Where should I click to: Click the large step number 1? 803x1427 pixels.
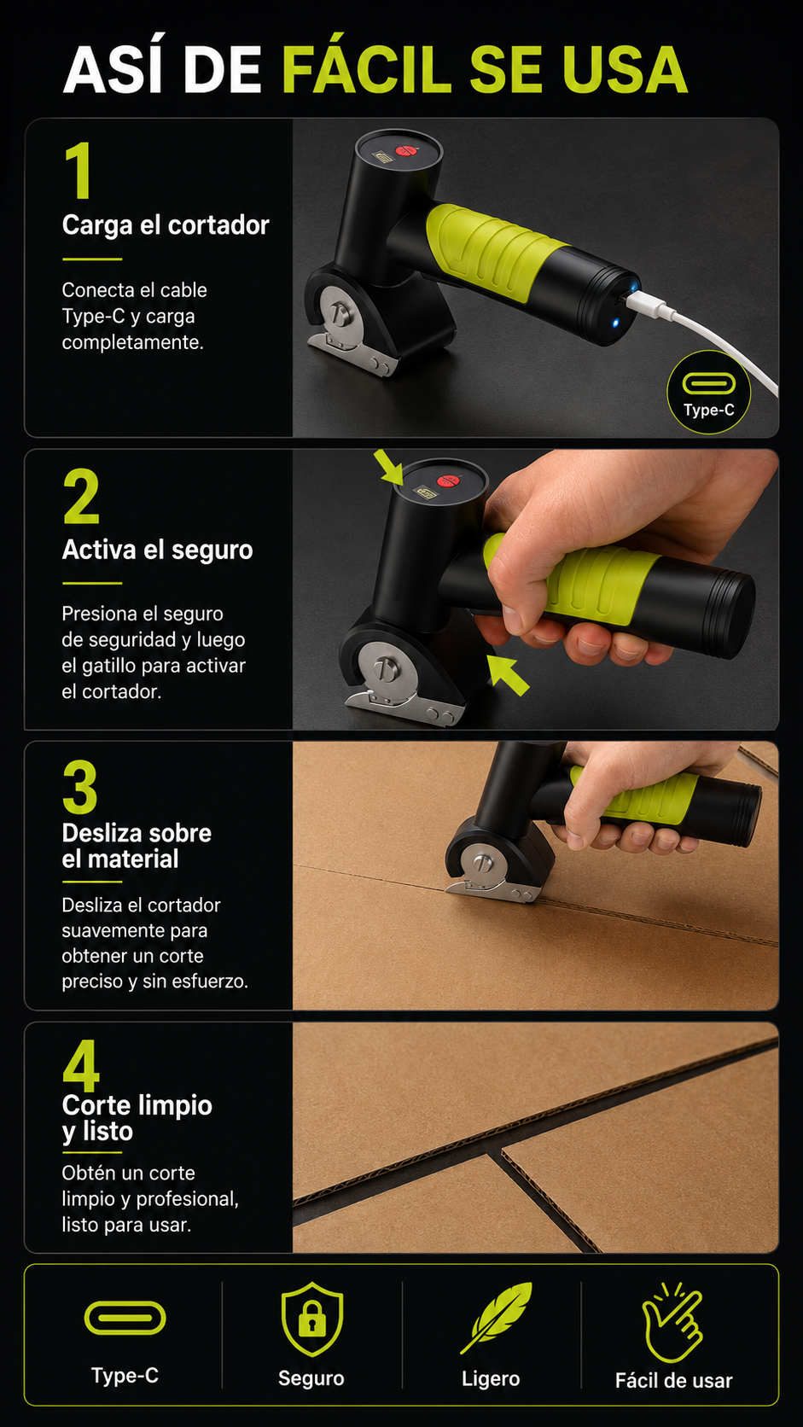(x=79, y=170)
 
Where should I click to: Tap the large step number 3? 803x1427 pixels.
(x=80, y=787)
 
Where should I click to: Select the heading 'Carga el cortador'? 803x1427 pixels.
(x=166, y=224)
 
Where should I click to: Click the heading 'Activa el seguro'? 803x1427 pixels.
(x=157, y=550)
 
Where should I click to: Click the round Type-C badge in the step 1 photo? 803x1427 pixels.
(x=709, y=393)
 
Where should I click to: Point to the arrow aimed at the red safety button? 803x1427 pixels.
(x=388, y=467)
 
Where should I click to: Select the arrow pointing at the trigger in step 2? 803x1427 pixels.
(x=508, y=675)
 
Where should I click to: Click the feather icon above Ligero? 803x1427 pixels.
(x=496, y=1318)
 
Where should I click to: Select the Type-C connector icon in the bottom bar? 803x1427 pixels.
(x=125, y=1318)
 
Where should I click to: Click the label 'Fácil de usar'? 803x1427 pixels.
(x=674, y=1381)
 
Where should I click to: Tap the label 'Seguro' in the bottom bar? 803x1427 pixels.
(x=311, y=1378)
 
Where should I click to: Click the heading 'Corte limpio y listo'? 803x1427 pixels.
(x=137, y=1119)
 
